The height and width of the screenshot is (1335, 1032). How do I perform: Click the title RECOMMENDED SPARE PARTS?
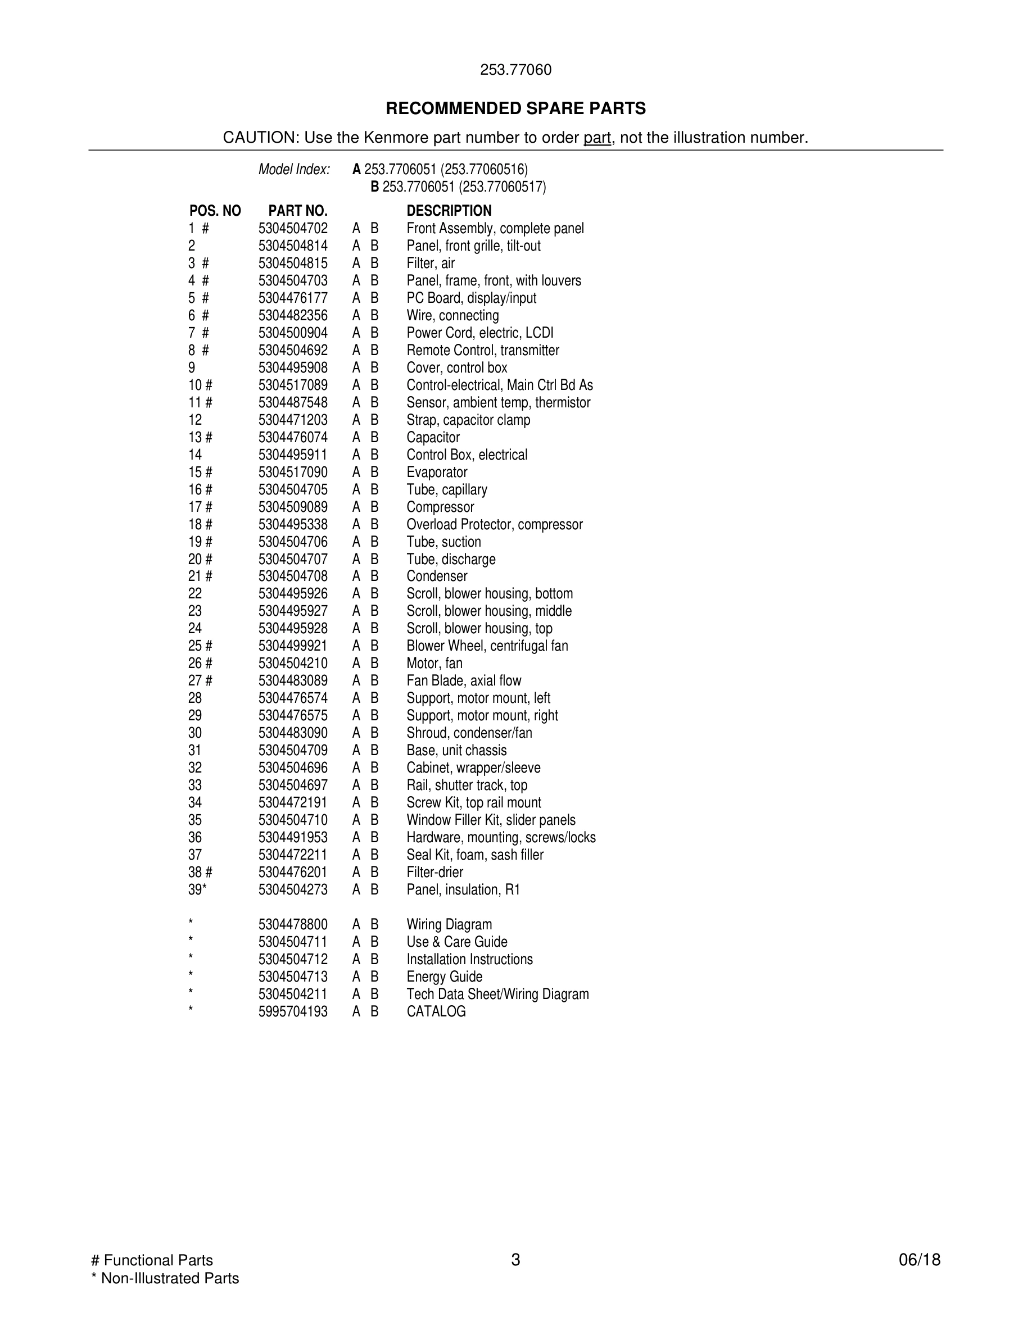click(x=515, y=109)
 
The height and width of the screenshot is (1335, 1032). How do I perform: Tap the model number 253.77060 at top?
click(x=515, y=70)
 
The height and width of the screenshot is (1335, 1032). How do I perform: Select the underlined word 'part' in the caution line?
click(x=597, y=138)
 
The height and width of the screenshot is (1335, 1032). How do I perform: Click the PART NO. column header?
click(x=298, y=211)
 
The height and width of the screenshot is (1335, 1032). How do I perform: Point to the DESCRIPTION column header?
click(x=449, y=211)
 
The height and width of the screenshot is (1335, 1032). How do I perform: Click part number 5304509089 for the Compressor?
click(x=293, y=507)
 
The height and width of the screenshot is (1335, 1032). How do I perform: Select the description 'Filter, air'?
click(x=431, y=264)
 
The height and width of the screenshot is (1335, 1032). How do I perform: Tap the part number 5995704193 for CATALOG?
click(x=293, y=1011)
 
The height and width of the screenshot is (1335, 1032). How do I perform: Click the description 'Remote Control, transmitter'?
click(x=483, y=350)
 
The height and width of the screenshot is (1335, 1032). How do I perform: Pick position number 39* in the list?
click(x=197, y=890)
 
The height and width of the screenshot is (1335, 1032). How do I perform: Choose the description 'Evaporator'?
click(x=437, y=473)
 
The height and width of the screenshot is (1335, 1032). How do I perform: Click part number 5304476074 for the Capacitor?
click(x=293, y=438)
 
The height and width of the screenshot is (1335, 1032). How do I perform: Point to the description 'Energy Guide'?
click(x=445, y=977)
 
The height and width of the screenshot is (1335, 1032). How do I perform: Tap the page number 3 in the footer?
click(x=515, y=1260)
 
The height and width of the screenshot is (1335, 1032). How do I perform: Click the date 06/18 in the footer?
click(x=920, y=1260)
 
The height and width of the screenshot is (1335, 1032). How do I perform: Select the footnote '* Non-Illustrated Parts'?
click(x=165, y=1278)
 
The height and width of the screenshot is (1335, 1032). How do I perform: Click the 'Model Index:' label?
click(x=294, y=169)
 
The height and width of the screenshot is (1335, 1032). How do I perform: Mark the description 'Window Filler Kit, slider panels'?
click(x=491, y=820)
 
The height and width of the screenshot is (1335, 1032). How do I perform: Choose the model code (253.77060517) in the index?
click(x=503, y=187)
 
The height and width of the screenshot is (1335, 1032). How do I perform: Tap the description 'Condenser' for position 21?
click(x=437, y=576)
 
